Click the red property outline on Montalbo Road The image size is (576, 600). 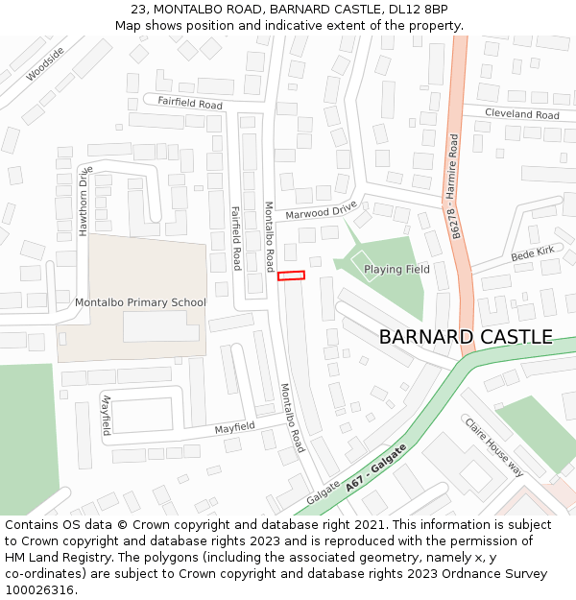[x=291, y=276]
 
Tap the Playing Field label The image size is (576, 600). [x=396, y=270]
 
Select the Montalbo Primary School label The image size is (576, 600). [x=140, y=302]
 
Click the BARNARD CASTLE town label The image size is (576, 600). [x=466, y=337]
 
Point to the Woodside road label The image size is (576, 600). [x=45, y=63]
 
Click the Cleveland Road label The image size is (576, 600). [x=521, y=114]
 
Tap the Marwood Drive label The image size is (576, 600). [x=321, y=210]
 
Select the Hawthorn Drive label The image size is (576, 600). [x=85, y=202]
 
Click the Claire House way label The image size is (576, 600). [x=494, y=446]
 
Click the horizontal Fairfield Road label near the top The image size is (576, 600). [x=182, y=103]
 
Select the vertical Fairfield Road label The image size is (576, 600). [x=236, y=238]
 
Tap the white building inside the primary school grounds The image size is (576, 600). [x=160, y=326]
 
